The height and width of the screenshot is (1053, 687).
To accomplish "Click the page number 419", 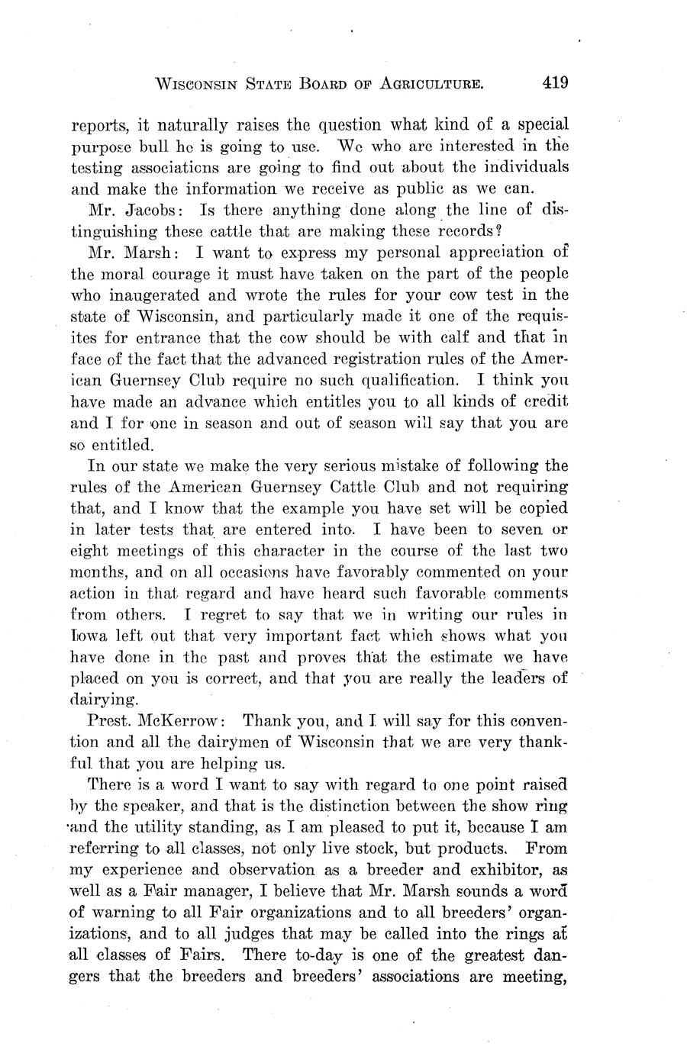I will coord(556,82).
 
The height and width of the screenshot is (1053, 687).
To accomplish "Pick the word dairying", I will coord(104,699).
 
